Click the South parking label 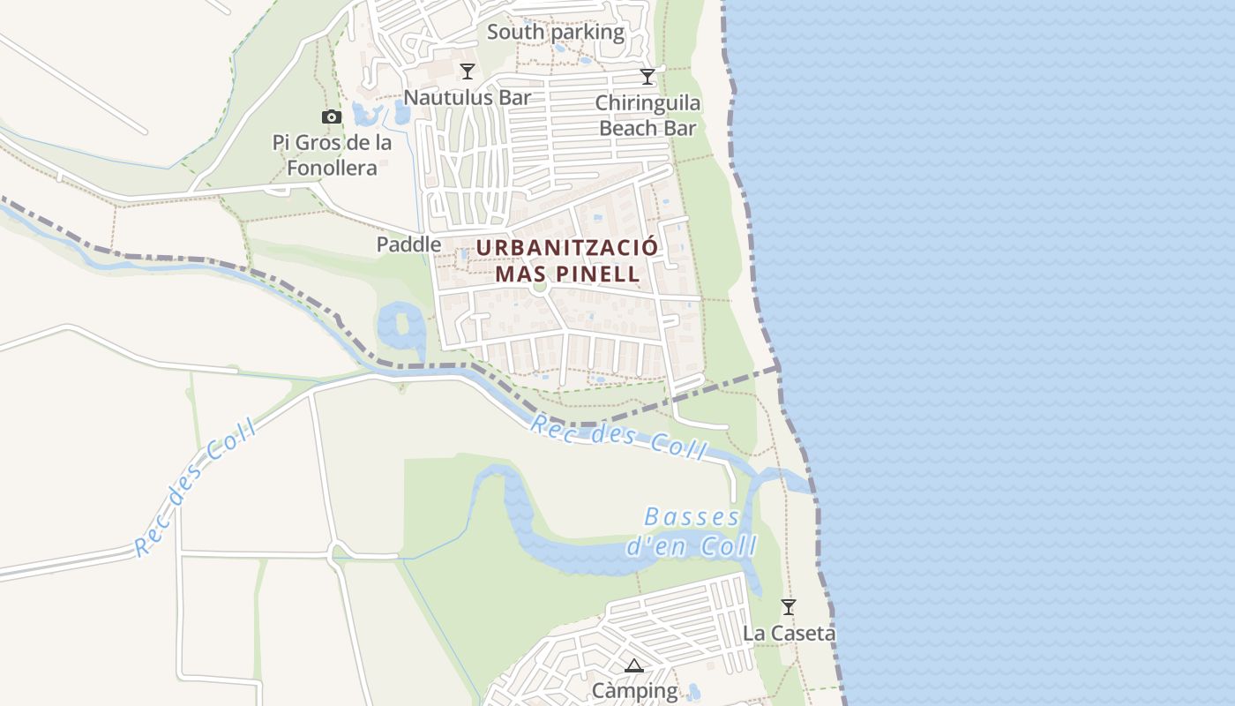coord(556,33)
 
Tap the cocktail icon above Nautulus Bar coord(468,71)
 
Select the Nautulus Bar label coord(468,97)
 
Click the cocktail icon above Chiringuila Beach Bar coord(647,77)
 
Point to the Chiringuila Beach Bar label coord(647,116)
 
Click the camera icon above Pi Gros coord(331,116)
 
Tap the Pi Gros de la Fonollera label coord(332,154)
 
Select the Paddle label coord(408,244)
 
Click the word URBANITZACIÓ coord(567,248)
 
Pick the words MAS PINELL coord(567,274)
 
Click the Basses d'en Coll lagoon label coord(692,531)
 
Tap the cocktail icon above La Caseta coord(789,607)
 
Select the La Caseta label coord(789,633)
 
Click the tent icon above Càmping coord(633,665)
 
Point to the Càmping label coord(634,690)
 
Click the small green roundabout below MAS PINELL coord(541,287)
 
